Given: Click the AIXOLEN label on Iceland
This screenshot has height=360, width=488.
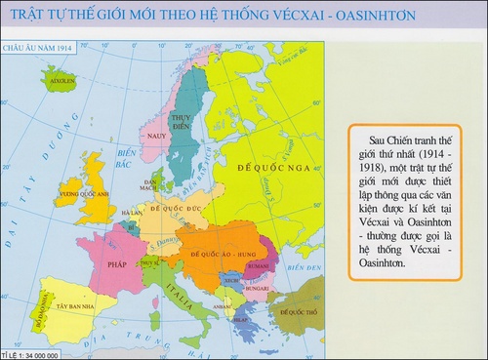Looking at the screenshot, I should tap(61, 71).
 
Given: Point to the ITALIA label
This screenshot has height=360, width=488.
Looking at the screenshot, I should tap(176, 289).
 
